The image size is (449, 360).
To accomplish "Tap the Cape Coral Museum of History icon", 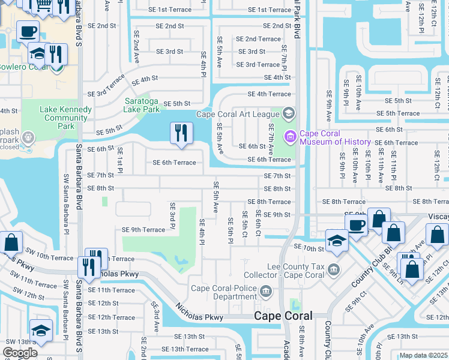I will [291, 137].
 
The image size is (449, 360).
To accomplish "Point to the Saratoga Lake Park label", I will [142, 105].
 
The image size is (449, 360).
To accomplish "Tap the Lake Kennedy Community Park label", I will [65, 118].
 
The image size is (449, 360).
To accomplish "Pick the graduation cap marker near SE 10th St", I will [337, 241].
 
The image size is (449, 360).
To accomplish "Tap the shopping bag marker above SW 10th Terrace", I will [11, 243].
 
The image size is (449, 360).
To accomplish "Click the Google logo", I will [20, 353].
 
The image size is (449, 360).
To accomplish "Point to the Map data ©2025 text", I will [423, 355].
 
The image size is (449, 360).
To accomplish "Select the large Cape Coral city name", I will [283, 316].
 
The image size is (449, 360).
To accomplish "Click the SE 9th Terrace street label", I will [143, 230].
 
